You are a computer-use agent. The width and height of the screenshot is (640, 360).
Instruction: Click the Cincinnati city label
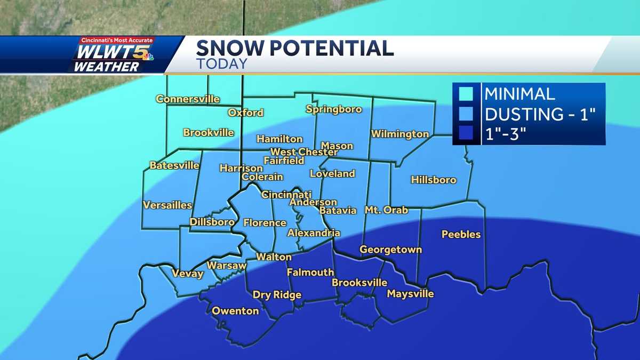click(x=286, y=195)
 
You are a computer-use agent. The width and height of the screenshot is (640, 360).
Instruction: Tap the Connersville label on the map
click(x=188, y=99)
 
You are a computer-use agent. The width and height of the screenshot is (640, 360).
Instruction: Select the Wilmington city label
click(x=400, y=134)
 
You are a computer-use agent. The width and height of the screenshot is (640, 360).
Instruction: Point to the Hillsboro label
click(x=434, y=180)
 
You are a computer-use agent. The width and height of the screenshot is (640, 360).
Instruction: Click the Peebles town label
click(x=461, y=234)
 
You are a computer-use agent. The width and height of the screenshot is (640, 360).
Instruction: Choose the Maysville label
click(x=410, y=294)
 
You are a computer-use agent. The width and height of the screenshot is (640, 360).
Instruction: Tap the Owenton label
click(x=235, y=310)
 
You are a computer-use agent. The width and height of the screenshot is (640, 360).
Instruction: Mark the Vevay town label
click(x=187, y=274)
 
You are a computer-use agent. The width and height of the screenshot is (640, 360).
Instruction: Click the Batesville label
click(x=174, y=165)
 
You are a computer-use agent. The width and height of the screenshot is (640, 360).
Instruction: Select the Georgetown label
click(x=390, y=249)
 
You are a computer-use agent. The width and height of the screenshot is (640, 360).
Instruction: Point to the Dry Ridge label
click(x=277, y=295)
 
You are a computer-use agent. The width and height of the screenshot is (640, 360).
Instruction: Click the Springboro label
click(x=334, y=109)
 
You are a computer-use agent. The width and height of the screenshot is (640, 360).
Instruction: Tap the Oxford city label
click(x=245, y=113)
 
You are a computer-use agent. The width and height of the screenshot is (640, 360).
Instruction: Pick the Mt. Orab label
click(x=386, y=210)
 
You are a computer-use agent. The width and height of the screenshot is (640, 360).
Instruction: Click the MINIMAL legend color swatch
click(x=466, y=94)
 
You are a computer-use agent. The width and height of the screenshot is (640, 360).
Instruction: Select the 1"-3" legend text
click(x=506, y=135)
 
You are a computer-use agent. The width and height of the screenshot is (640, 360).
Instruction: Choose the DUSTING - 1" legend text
click(x=539, y=115)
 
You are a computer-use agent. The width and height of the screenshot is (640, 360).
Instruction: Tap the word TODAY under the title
click(x=221, y=63)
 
